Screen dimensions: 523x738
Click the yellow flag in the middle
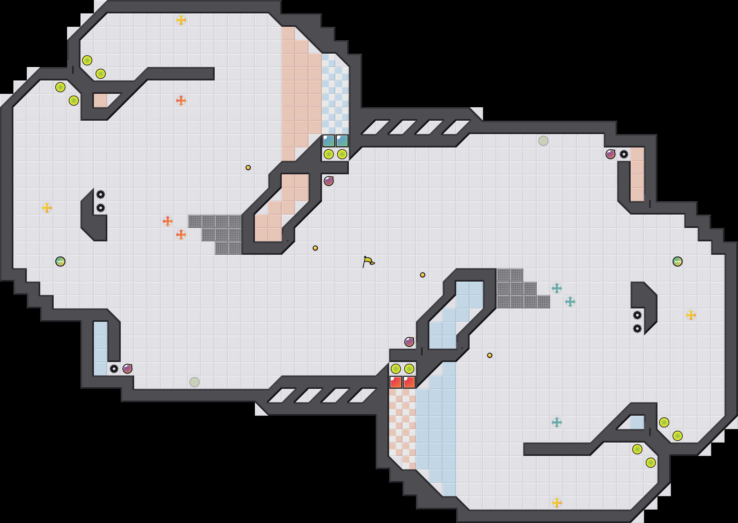(x=368, y=261)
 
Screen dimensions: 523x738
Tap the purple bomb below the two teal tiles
(x=329, y=181)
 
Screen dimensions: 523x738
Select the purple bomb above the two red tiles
(x=409, y=342)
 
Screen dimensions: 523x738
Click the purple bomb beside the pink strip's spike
(x=611, y=154)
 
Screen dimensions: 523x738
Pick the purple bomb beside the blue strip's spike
(x=127, y=369)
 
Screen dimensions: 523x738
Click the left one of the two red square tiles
(x=396, y=382)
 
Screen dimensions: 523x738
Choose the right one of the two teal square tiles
(x=342, y=141)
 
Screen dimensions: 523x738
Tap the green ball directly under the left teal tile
(x=329, y=154)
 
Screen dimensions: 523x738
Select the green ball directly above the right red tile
(x=409, y=369)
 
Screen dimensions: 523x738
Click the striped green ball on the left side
(x=60, y=261)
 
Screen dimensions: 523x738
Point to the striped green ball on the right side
(x=678, y=261)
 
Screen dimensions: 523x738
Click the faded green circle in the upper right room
(x=543, y=141)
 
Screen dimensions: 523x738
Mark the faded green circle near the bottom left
(x=195, y=382)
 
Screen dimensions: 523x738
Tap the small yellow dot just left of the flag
(x=315, y=248)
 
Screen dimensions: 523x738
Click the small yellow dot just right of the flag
(x=423, y=275)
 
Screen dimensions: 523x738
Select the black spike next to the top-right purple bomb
(x=624, y=154)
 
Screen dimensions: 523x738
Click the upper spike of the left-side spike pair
(x=101, y=194)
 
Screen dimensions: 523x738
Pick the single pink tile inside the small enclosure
(x=101, y=101)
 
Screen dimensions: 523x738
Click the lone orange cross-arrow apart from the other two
(x=181, y=101)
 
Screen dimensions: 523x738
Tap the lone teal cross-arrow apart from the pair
(x=557, y=422)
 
